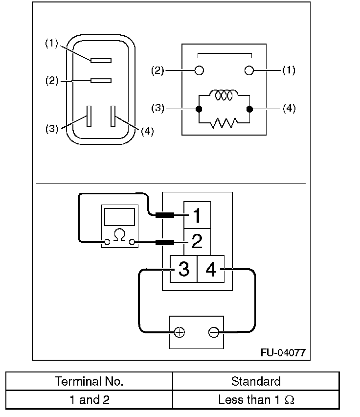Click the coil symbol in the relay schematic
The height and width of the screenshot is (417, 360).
[224, 95]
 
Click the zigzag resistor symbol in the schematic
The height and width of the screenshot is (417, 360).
[224, 122]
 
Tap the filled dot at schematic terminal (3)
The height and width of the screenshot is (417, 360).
[199, 109]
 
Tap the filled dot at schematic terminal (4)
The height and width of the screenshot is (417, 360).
[249, 109]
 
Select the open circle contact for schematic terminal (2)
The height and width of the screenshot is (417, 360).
[199, 70]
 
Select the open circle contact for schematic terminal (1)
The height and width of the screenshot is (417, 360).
[249, 70]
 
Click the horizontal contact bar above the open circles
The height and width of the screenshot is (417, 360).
[225, 56]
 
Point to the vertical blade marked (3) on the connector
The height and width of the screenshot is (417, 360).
[89, 116]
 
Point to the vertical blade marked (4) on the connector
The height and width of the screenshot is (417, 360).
[113, 116]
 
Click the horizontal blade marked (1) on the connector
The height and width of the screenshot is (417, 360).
[101, 61]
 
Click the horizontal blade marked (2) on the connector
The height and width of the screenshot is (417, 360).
[101, 81]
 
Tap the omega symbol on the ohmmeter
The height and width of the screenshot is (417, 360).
[119, 235]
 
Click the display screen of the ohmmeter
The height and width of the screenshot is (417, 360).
[119, 217]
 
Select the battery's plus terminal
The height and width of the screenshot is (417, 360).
[180, 332]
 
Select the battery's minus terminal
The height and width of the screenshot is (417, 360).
[214, 332]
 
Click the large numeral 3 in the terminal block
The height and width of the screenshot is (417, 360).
[184, 269]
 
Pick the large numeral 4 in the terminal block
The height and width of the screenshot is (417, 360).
[211, 269]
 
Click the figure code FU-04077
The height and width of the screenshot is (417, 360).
[283, 353]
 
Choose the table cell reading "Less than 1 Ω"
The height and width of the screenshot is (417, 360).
[256, 399]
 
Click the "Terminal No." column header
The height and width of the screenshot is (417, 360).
[90, 381]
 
